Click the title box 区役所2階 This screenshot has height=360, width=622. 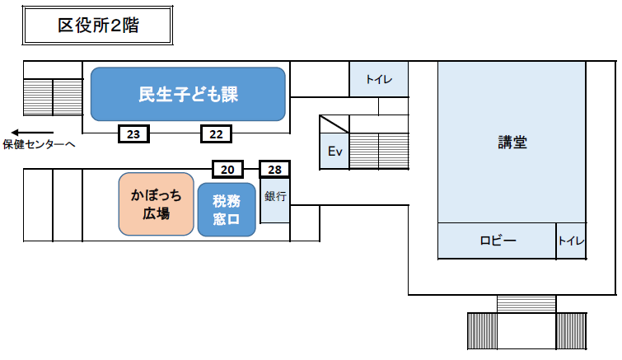pyautogui.click(x=97, y=26)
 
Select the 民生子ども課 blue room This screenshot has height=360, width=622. pyautogui.click(x=188, y=94)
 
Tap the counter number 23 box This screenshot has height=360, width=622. pyautogui.click(x=134, y=133)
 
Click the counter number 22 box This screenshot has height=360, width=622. pyautogui.click(x=217, y=133)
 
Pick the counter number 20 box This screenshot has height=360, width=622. pyautogui.click(x=227, y=170)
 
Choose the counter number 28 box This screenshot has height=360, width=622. pyautogui.click(x=275, y=170)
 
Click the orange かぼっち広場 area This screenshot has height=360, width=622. pyautogui.click(x=156, y=204)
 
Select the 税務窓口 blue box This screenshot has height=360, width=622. pyautogui.click(x=227, y=209)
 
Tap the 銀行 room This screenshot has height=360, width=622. pyautogui.click(x=275, y=200)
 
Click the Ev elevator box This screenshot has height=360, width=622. pyautogui.click(x=334, y=151)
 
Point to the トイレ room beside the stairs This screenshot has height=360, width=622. pyautogui.click(x=379, y=80)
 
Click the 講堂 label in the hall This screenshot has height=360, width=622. pyautogui.click(x=512, y=142)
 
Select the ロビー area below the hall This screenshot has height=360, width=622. pyautogui.click(x=497, y=241)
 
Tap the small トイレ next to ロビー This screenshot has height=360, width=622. pyautogui.click(x=571, y=241)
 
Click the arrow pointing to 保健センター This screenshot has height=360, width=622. pyautogui.click(x=32, y=132)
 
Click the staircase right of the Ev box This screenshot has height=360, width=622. pyautogui.click(x=379, y=151)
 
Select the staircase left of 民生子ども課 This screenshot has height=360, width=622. pyautogui.click(x=53, y=96)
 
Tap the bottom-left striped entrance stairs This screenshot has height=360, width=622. pyautogui.click(x=482, y=330)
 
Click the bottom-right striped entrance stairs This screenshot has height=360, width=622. pyautogui.click(x=572, y=330)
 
